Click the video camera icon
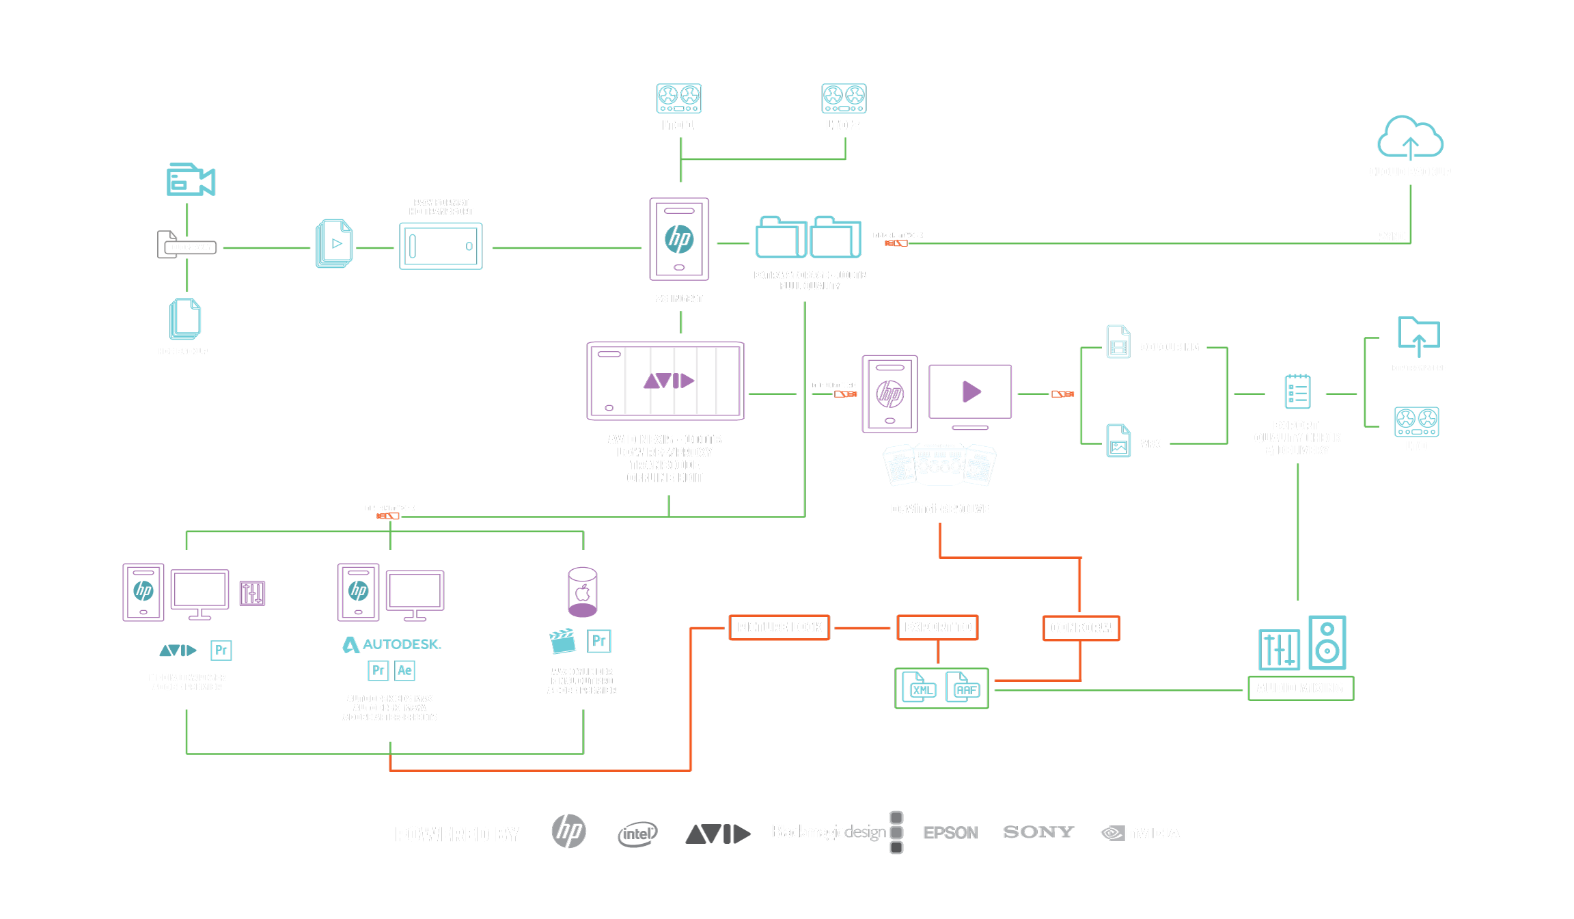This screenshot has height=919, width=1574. (x=190, y=180)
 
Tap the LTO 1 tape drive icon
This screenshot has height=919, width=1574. (x=678, y=98)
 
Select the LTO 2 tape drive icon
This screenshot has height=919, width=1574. (x=844, y=98)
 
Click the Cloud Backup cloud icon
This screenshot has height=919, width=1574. (x=1409, y=137)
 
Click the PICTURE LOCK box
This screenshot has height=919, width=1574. (x=779, y=627)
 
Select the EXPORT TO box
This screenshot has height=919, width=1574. (x=937, y=627)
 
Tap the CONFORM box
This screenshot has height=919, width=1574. (x=1081, y=628)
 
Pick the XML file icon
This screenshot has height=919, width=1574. (x=920, y=687)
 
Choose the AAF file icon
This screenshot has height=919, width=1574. (x=963, y=687)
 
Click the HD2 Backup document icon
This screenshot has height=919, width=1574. (x=184, y=318)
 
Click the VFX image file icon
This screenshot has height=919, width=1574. (x=1118, y=441)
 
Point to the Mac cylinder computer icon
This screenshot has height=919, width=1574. (x=582, y=592)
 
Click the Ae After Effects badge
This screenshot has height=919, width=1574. (x=404, y=670)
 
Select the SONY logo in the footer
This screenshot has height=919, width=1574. (x=1038, y=832)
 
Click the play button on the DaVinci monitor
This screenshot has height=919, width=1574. (x=971, y=392)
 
